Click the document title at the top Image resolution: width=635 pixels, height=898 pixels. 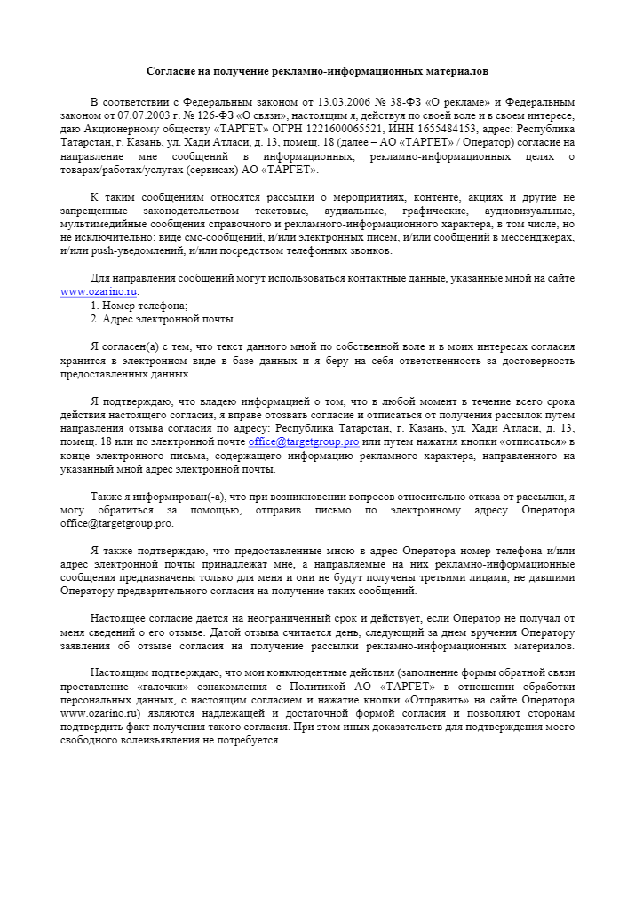pos(317,69)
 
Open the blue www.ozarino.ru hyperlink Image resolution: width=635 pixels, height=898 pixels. pos(99,291)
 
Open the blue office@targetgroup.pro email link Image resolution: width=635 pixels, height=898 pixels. pos(304,442)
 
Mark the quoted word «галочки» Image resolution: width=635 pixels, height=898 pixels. pos(167,687)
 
